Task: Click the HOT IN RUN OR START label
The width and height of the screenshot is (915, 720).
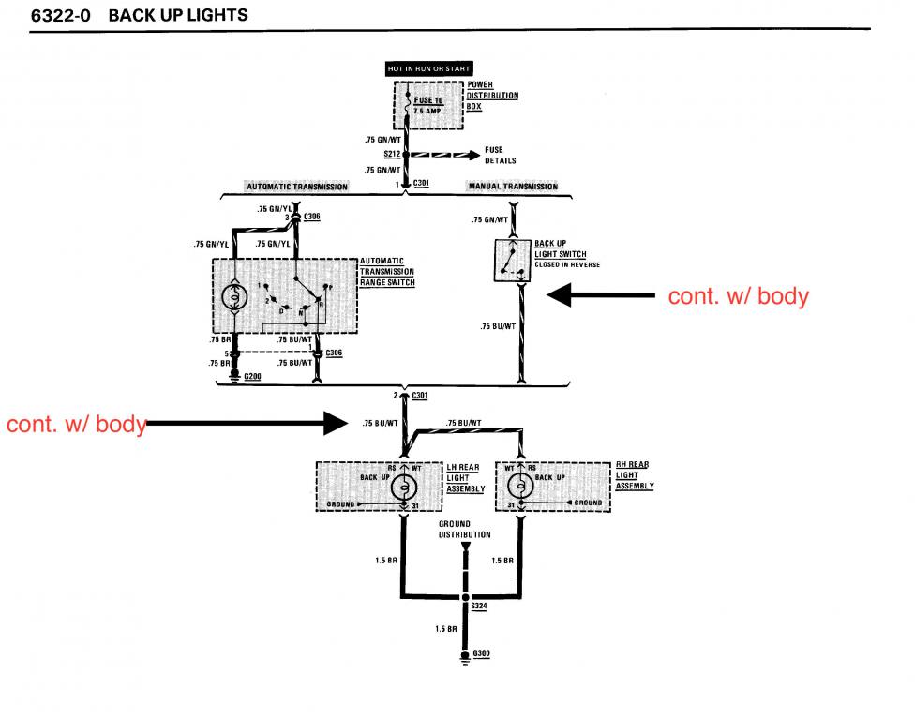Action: pos(430,68)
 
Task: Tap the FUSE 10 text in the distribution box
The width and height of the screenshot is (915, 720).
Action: pos(428,99)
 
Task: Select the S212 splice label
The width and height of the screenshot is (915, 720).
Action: pos(393,153)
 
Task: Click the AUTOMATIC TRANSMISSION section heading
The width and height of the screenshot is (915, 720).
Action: pos(296,187)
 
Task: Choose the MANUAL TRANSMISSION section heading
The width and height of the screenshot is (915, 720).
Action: pos(512,187)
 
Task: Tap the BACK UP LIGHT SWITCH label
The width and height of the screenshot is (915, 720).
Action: pos(561,249)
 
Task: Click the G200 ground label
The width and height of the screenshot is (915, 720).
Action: pos(252,376)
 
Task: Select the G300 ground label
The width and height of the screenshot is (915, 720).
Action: pos(482,653)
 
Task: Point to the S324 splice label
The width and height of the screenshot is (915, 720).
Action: pos(479,607)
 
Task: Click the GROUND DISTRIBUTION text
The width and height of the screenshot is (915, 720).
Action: pos(464,530)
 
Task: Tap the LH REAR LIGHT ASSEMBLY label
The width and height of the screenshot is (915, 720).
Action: pos(465,477)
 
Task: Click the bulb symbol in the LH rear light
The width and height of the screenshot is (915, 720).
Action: pos(404,486)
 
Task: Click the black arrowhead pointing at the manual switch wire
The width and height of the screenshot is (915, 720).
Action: pos(562,296)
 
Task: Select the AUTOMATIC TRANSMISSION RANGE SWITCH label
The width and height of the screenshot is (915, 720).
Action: pos(387,272)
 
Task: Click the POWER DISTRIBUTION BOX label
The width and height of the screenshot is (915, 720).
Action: pos(492,95)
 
